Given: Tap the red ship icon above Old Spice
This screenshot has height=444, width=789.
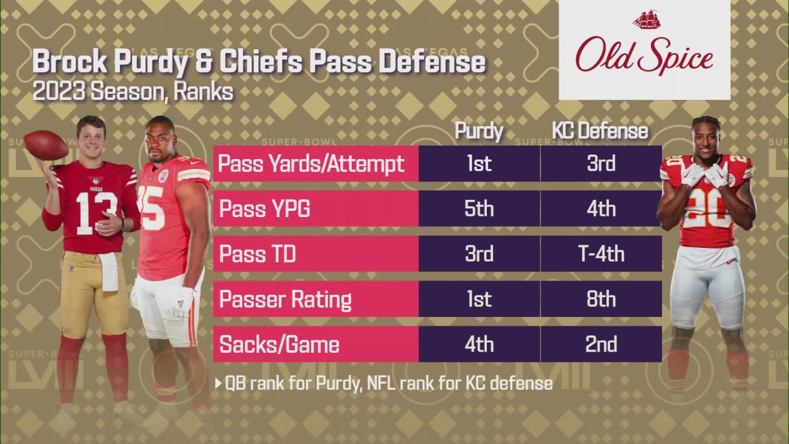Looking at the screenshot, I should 646,20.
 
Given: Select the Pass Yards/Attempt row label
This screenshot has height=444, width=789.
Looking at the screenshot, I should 312,163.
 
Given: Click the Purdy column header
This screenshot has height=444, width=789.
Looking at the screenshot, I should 479,131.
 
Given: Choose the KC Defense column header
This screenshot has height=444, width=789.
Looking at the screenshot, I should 600,131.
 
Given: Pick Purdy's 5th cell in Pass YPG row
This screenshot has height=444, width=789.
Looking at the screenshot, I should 479,208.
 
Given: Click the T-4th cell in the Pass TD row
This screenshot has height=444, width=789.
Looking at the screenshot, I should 600,253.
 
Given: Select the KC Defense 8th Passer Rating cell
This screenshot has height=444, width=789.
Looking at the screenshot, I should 600,299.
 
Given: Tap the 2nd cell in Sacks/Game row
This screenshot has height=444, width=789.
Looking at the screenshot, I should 600,344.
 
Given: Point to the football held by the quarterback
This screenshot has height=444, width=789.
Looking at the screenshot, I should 46,145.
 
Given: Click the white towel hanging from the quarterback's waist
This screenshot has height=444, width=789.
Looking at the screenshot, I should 110,271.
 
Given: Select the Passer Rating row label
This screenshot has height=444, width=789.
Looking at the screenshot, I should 285,299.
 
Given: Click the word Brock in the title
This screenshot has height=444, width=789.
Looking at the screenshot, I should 68,63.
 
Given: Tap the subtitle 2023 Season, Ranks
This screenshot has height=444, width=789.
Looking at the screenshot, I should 133,92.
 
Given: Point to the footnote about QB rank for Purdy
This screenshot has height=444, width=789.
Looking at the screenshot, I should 383,383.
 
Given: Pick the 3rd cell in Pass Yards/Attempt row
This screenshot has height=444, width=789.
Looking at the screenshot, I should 600,163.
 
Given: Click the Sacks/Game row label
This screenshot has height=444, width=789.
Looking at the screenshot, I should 279,344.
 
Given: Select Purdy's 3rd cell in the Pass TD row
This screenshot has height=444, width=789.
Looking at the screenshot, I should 479,253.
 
